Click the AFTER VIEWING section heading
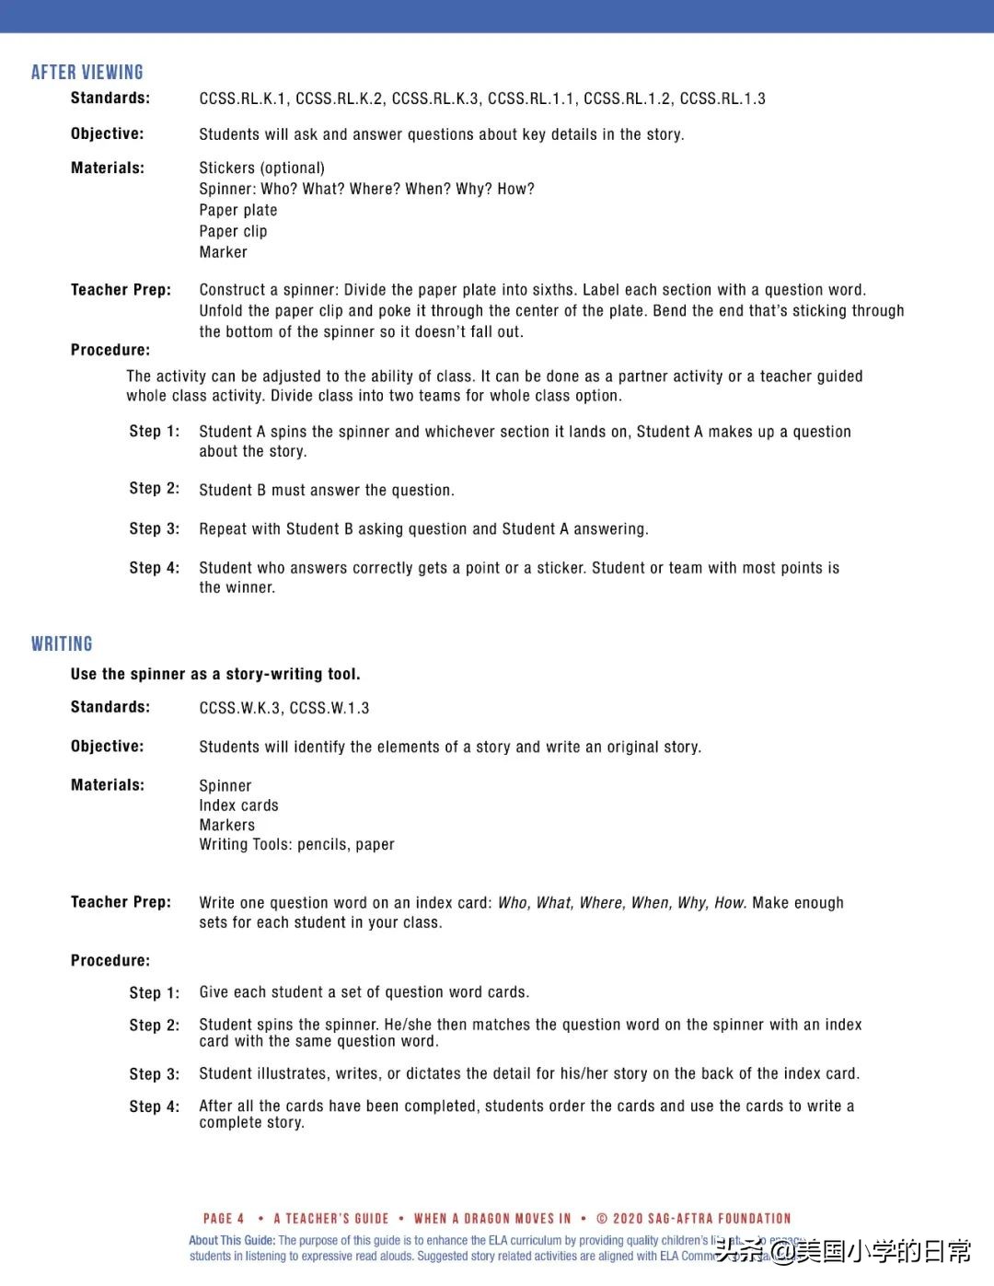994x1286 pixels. pos(87,72)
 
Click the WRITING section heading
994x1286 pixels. pos(62,643)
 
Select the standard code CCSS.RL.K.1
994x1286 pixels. pos(243,98)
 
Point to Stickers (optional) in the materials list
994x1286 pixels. pos(261,168)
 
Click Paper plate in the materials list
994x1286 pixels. pos(237,210)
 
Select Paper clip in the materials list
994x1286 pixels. pos(233,231)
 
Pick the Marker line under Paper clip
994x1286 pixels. pos(223,252)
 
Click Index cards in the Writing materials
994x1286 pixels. pos(238,805)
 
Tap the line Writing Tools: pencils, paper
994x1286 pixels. pos(296,844)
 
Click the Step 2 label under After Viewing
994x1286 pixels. pos(154,489)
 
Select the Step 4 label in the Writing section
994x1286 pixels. pos(154,1106)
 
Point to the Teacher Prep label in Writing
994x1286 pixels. pos(121,902)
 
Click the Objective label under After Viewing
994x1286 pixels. pos(107,133)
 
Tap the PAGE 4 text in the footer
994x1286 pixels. pos(224,1218)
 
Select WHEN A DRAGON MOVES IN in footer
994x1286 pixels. pos(492,1218)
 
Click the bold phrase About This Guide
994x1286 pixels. pos(232,1240)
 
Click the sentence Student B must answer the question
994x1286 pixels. pos(327,491)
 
